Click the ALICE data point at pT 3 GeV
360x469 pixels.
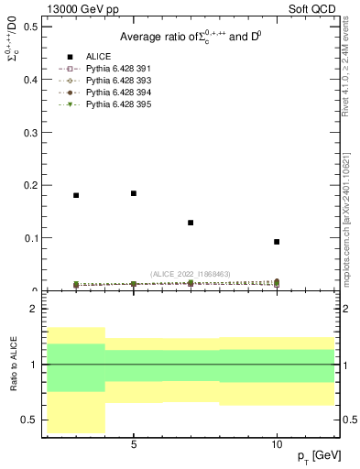(76, 195)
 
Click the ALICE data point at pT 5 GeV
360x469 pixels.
(134, 193)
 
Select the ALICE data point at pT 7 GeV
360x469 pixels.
(191, 223)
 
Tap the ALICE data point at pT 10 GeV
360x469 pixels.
(277, 242)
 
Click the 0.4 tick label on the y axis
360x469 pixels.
(31, 79)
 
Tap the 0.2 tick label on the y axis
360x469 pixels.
(31, 185)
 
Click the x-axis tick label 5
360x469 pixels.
(134, 443)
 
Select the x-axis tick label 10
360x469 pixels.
(277, 443)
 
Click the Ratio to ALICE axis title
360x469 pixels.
(13, 365)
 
